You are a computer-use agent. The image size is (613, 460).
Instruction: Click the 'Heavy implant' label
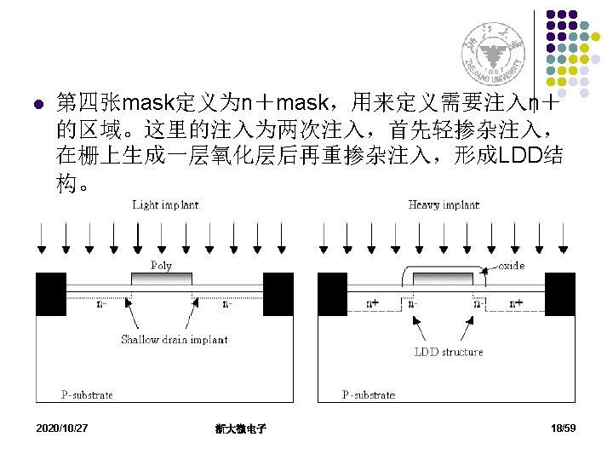click(x=444, y=204)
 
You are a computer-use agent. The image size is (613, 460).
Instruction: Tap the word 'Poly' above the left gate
click(x=161, y=265)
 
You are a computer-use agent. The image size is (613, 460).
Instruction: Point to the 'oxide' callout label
click(x=511, y=266)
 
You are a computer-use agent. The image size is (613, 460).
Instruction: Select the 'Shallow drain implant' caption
click(x=174, y=339)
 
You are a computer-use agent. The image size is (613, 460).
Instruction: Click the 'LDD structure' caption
click(x=448, y=351)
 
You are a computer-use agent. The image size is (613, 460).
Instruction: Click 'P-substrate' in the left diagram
click(x=86, y=394)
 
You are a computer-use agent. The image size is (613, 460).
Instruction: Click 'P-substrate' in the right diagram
click(x=369, y=394)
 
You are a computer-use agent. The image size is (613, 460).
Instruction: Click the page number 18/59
click(x=564, y=428)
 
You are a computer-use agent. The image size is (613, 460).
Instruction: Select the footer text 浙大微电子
click(x=241, y=428)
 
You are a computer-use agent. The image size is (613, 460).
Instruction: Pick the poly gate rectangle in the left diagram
click(x=162, y=279)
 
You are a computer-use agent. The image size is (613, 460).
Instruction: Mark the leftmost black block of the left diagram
click(x=50, y=294)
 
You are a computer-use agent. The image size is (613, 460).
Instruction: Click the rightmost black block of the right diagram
click(x=559, y=294)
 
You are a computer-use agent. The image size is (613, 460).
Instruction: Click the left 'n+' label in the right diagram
click(x=373, y=302)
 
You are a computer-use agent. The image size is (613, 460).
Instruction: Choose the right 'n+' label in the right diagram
click(x=516, y=302)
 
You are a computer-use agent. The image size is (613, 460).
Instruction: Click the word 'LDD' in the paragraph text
click(x=518, y=156)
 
